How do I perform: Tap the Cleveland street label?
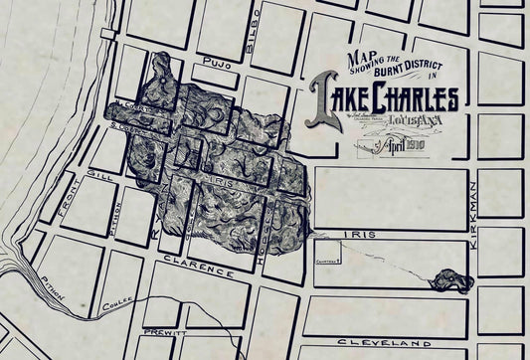pos(388,340)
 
